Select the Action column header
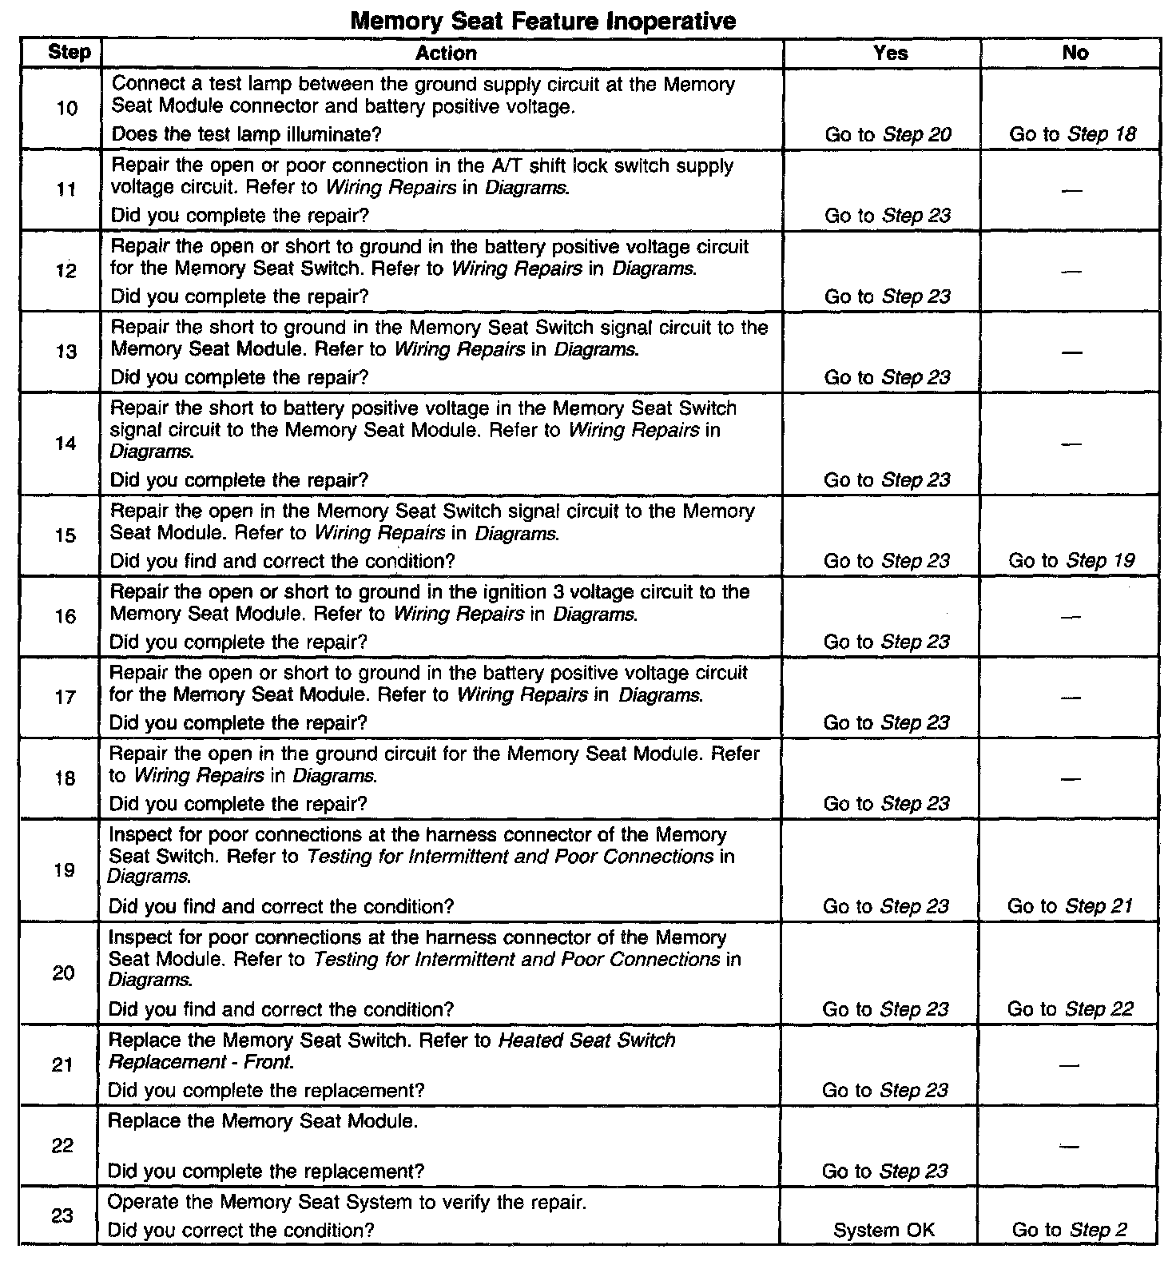pos(446,53)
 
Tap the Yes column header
pos(890,53)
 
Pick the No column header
pos(1075,53)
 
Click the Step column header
pos(69,53)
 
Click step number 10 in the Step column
pos(67,108)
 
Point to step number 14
pos(66,444)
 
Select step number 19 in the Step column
pos(64,869)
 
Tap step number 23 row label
pos(62,1215)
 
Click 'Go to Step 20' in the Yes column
pos(888,134)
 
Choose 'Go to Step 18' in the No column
pos(1072,134)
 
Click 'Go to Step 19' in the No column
pos(1071,560)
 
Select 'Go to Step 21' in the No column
pos(1070,906)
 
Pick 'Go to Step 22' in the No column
pos(1070,1009)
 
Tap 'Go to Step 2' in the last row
pos(1069,1230)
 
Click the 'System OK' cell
pos(884,1231)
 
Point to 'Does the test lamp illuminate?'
pos(246,134)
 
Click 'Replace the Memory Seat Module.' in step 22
pos(262,1121)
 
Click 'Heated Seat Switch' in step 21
pos(586,1040)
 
